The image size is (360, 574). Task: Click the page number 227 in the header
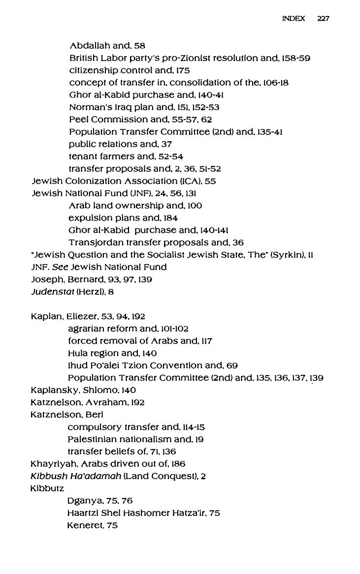coord(323,19)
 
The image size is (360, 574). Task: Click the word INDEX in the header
coord(294,19)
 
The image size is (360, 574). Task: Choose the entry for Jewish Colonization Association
coord(123,181)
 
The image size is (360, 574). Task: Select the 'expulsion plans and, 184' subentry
coord(123,218)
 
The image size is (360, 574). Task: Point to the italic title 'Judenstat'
coord(52,292)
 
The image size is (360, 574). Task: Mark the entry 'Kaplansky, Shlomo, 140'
coord(83,390)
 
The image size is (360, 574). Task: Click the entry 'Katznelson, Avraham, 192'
coord(88,403)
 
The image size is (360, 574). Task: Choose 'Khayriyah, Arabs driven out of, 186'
coord(108,464)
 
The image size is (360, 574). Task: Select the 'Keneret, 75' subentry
coord(92,526)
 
